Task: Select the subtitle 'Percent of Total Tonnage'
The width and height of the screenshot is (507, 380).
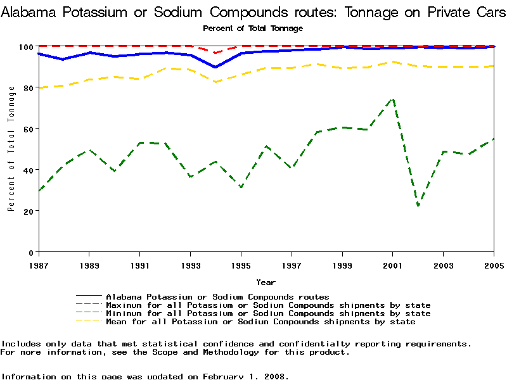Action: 253,28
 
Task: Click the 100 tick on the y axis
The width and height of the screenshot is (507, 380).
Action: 26,47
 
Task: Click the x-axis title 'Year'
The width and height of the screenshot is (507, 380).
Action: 266,282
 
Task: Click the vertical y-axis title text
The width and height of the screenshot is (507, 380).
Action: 11,149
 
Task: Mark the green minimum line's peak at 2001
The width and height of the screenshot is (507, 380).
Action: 393,98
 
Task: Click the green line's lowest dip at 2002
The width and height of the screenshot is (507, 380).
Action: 418,205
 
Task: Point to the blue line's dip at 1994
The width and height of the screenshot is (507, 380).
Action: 215,67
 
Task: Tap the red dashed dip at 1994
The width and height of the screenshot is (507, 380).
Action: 215,53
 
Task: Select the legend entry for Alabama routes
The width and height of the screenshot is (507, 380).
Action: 217,296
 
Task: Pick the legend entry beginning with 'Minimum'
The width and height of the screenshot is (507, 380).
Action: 268,313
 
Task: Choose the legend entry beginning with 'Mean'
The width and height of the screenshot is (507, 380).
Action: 260,321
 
